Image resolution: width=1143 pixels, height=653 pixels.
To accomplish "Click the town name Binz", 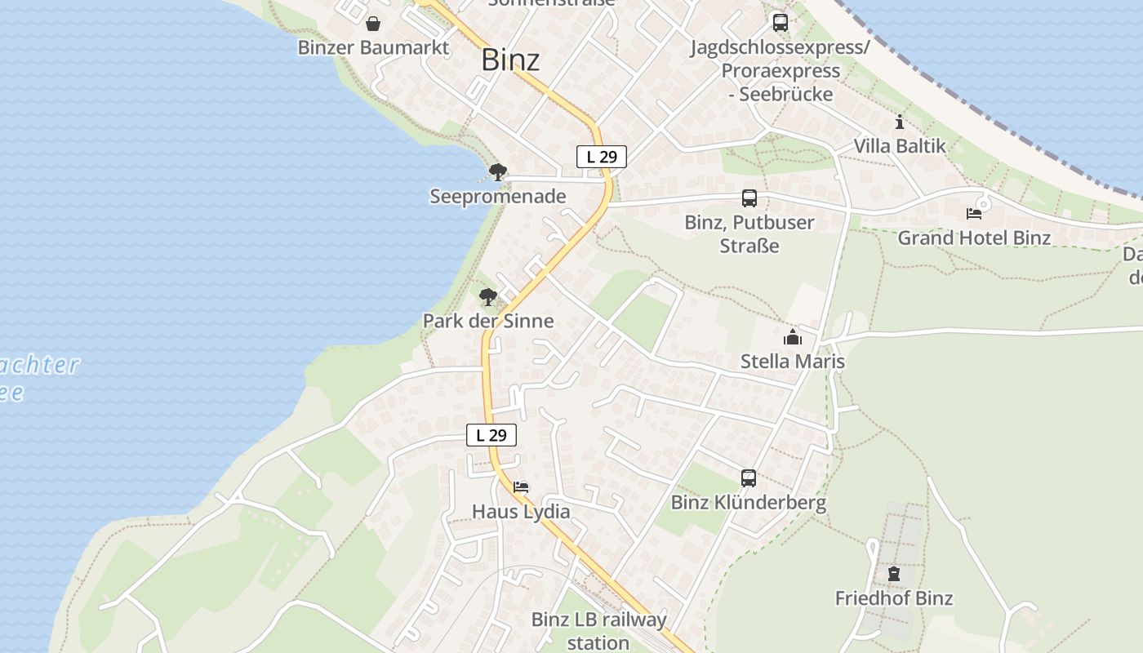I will click(x=510, y=60).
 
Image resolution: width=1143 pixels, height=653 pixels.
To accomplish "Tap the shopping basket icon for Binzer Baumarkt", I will click(x=373, y=24).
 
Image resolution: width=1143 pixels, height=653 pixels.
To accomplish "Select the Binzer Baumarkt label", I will click(x=373, y=47).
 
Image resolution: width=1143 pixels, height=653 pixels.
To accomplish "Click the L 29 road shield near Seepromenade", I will click(x=602, y=157).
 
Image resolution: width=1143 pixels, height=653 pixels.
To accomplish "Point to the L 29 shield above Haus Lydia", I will click(x=491, y=435).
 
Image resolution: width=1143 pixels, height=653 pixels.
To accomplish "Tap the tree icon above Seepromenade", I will click(x=497, y=172).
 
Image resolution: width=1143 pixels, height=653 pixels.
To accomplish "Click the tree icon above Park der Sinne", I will click(x=488, y=297).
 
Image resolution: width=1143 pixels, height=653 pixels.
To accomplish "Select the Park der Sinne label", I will click(x=488, y=321).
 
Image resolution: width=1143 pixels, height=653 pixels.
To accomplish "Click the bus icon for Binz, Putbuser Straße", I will click(x=749, y=198).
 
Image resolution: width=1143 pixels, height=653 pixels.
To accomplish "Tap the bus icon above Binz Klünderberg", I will click(x=749, y=478).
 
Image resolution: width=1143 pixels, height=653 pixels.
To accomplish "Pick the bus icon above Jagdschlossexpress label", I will click(x=781, y=23).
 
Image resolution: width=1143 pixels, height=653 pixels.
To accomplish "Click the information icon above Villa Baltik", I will click(x=900, y=122).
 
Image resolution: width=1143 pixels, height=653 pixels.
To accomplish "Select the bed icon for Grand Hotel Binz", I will click(x=974, y=214).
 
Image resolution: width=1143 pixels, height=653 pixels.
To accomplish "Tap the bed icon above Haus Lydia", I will click(x=521, y=487).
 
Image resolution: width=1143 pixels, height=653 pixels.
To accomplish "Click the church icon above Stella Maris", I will click(x=792, y=337).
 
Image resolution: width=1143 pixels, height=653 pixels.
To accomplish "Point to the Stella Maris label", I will click(x=792, y=361).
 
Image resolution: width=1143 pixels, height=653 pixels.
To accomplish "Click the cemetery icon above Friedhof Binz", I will click(x=894, y=574).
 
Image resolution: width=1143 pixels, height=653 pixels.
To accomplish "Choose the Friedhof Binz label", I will click(x=894, y=598).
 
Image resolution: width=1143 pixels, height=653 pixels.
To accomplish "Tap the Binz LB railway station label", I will click(x=598, y=631).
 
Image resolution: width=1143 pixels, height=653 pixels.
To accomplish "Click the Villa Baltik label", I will click(x=900, y=146).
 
